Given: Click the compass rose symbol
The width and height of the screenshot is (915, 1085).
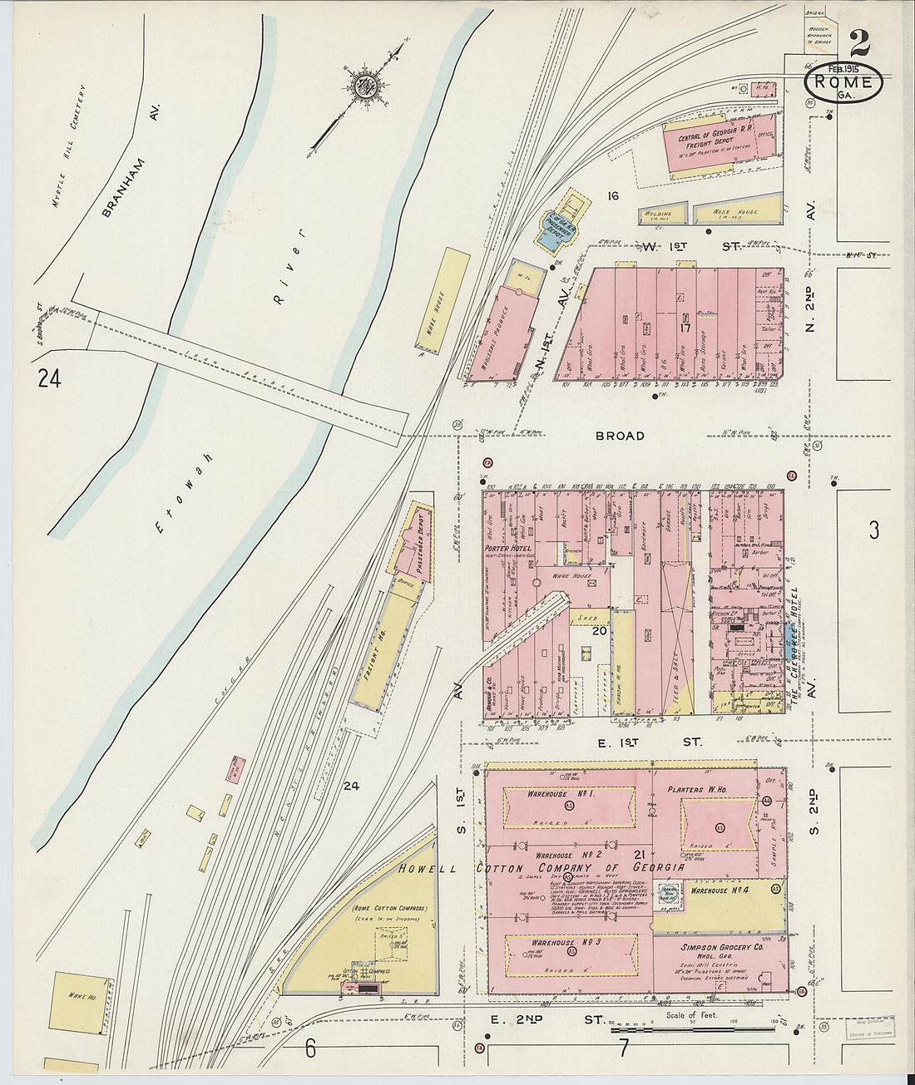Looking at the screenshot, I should coord(364,85).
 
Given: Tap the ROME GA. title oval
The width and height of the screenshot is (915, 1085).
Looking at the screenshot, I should coord(843,84).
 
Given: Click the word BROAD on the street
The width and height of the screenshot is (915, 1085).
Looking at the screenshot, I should coord(619,436).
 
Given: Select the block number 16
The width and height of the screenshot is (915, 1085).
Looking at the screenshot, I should coord(613,196).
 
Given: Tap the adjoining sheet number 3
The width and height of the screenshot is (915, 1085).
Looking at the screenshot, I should coord(873,530).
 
